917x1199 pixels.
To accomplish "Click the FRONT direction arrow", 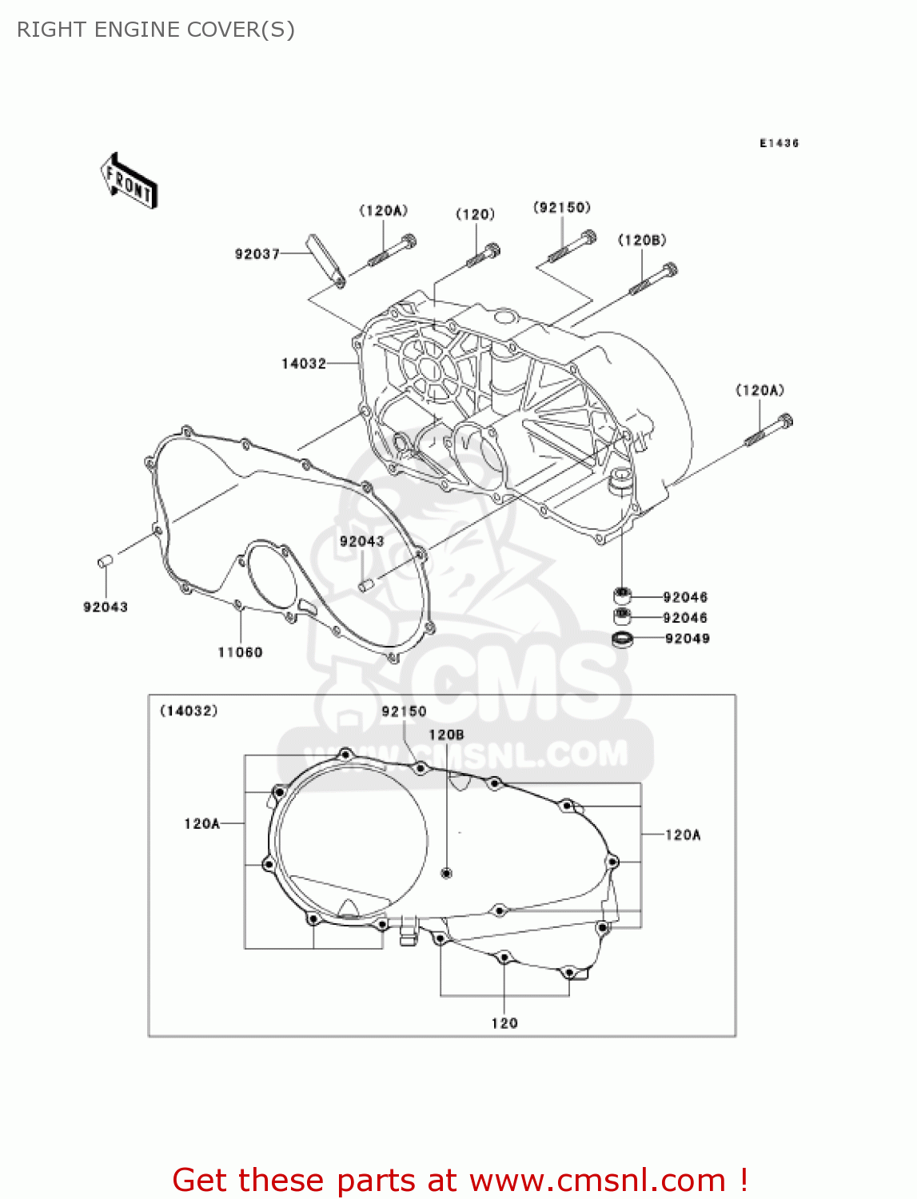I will point(129,181).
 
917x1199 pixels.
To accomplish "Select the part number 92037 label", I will point(257,254).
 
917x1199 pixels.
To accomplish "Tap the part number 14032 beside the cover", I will point(304,364).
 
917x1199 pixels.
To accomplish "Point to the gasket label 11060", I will point(240,652).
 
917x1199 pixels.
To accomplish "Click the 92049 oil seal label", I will point(687,639).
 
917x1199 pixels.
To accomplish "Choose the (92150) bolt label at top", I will point(562,208).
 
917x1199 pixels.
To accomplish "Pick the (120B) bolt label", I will point(642,241).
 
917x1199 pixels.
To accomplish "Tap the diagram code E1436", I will point(779,143).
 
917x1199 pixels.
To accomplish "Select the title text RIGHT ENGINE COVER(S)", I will point(156,30).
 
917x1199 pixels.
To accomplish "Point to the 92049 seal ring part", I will point(622,639).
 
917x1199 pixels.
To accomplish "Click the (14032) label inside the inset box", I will point(189,711).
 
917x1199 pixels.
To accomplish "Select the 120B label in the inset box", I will point(446,735).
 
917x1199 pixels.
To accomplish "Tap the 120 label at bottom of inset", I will point(504,1023).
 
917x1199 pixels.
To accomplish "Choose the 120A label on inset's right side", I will point(683,835).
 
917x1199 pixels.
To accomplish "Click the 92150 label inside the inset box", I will point(404,711).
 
